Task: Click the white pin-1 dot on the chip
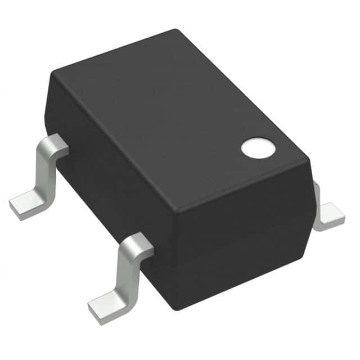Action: pyautogui.click(x=259, y=148)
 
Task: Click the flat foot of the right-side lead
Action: pyautogui.click(x=329, y=219)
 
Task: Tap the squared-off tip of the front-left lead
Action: pyautogui.click(x=94, y=309)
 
